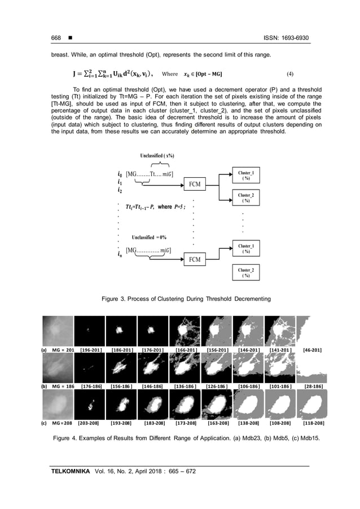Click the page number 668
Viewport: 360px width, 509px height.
(55, 38)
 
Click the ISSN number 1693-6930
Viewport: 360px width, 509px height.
(292, 38)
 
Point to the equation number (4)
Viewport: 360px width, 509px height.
(290, 74)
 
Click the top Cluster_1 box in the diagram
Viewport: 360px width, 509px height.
(245, 175)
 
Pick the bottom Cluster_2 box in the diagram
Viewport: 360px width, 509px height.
(245, 274)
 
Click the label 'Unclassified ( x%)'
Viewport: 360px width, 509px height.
(157, 155)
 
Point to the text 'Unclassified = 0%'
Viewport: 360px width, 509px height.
(149, 237)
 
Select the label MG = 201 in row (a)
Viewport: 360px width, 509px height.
(63, 350)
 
